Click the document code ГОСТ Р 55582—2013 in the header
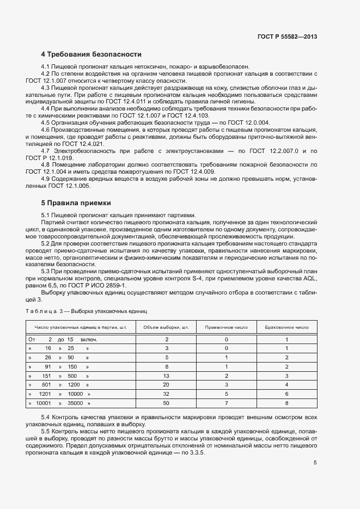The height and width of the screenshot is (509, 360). [287, 36]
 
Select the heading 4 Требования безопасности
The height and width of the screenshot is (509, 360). [91, 54]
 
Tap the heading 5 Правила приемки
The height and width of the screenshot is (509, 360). [76, 203]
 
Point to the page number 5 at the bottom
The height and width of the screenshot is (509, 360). [315, 463]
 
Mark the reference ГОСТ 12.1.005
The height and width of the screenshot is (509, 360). [74, 186]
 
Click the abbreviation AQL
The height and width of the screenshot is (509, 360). [306, 278]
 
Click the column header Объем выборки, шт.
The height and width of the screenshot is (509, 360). [166, 328]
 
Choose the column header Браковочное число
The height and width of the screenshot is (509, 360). [286, 328]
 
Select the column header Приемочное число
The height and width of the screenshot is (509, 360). [226, 328]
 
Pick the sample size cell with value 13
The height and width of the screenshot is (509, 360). [166, 376]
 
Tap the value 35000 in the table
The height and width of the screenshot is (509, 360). [75, 404]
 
